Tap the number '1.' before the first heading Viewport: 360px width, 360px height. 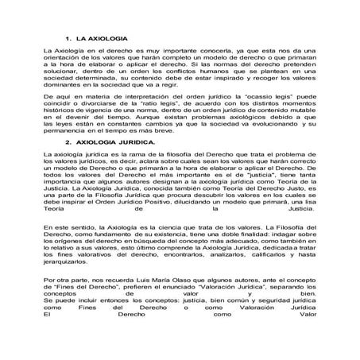tap(70, 39)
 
